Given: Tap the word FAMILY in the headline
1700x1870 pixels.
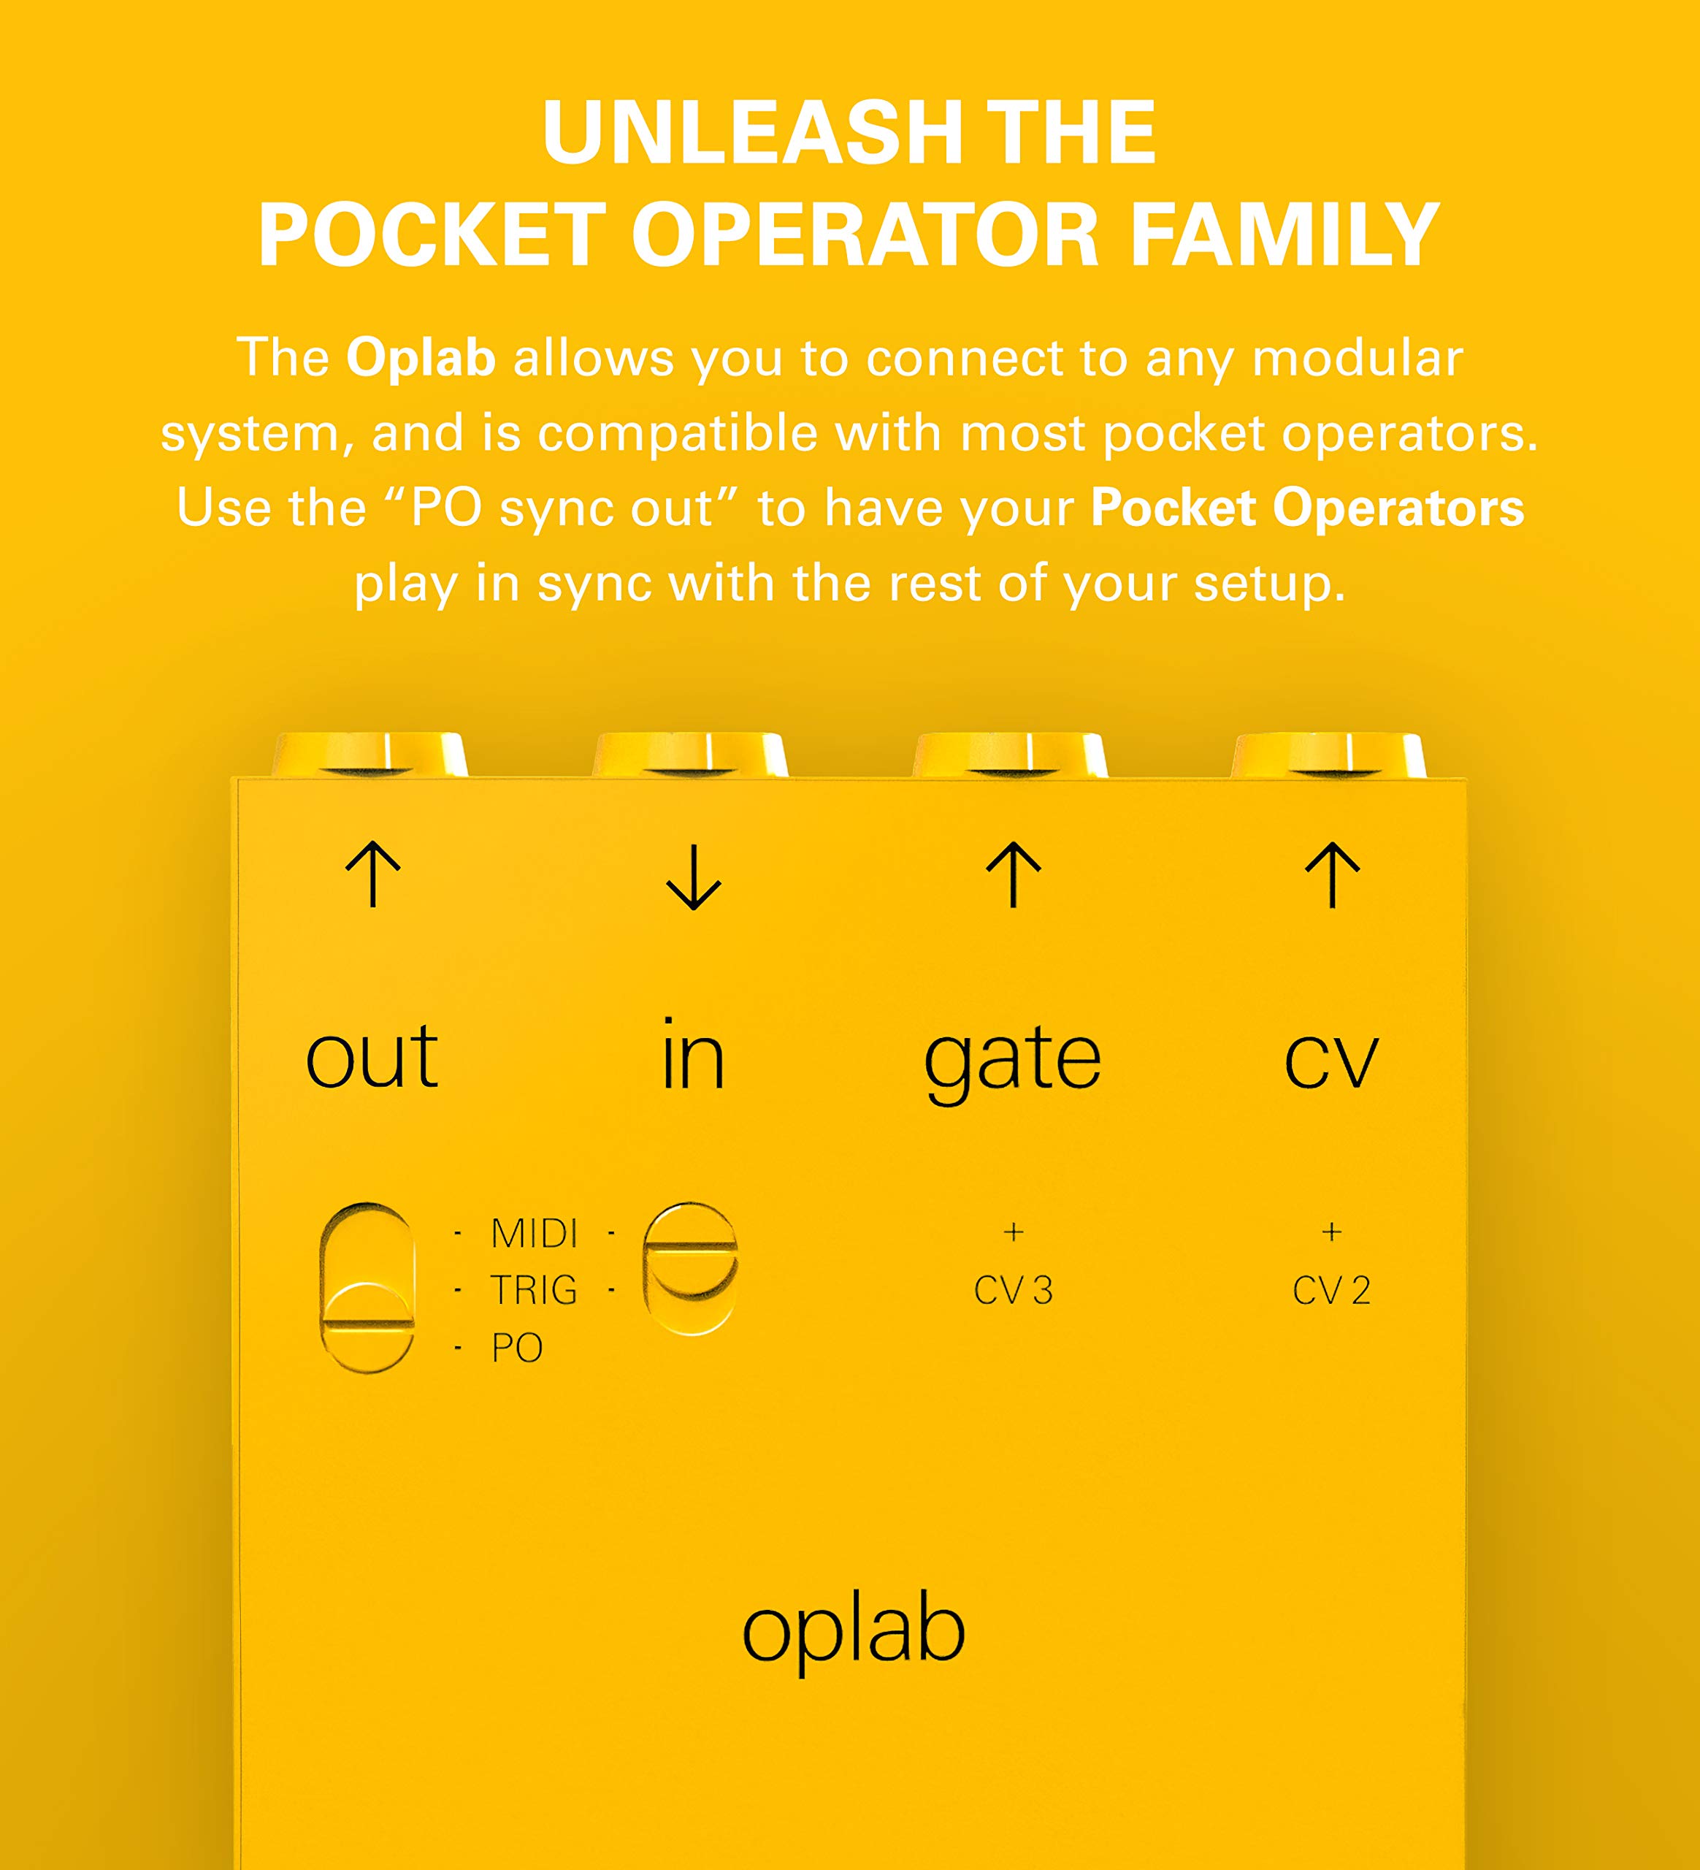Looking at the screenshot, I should (x=1284, y=236).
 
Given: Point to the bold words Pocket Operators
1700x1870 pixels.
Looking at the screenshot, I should (x=1306, y=508).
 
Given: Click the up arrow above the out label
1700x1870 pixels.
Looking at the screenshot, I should (x=373, y=874).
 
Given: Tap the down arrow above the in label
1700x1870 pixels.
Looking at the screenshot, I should (x=693, y=876).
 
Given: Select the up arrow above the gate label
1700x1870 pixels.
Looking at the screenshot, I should (x=1013, y=874).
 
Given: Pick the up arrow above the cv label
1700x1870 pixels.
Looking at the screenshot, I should (x=1332, y=874).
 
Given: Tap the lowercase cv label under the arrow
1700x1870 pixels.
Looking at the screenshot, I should (x=1331, y=1059).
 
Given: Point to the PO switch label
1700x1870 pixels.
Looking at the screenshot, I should (x=516, y=1348).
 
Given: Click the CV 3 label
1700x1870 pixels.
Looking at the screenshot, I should (x=1013, y=1290).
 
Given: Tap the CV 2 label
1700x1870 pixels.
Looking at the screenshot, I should (x=1331, y=1290).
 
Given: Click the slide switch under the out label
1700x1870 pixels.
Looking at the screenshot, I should (x=367, y=1288).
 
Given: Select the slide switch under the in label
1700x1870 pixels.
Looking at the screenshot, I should (x=690, y=1268).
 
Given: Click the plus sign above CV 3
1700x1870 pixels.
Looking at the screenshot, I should (x=1013, y=1232).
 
